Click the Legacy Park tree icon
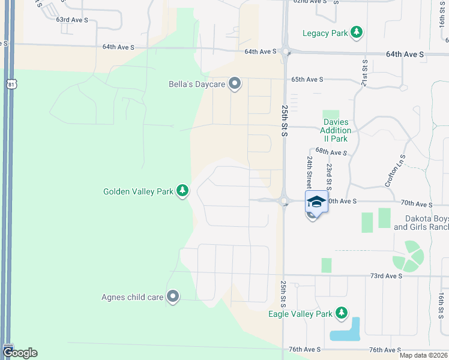coord(357,32)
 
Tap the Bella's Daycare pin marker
coord(235,84)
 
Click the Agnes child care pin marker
coord(173,296)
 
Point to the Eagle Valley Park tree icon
coord(342,313)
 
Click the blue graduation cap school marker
coord(316,202)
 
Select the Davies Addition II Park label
coord(336,130)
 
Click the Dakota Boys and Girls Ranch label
coord(421,223)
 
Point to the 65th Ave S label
coord(307,79)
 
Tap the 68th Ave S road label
coord(331,153)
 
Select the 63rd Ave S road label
coord(72,20)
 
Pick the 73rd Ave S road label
coord(385,276)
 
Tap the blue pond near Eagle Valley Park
coord(346,332)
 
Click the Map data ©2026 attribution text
coord(424,355)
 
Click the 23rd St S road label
coord(329,174)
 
